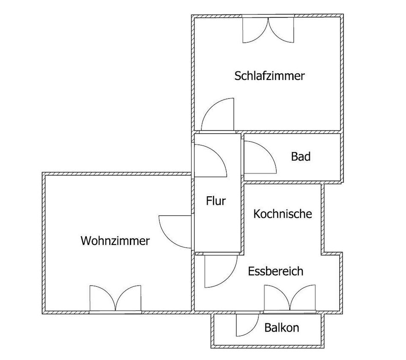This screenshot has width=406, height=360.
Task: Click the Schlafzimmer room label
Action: tap(269, 76)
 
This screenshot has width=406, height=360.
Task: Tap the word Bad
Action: tap(301, 157)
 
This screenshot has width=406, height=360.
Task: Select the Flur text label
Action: tap(216, 201)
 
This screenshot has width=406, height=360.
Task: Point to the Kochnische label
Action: tap(283, 214)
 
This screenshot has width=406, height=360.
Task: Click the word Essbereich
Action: tap(275, 271)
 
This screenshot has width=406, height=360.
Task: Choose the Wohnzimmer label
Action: tap(115, 241)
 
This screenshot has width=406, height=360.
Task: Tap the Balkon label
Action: tap(282, 328)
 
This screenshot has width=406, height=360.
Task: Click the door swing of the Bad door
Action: tap(260, 157)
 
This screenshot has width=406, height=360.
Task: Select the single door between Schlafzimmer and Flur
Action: tap(217, 114)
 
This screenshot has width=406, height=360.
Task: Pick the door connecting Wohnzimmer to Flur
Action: tap(175, 232)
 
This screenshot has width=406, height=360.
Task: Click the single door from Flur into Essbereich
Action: tap(221, 271)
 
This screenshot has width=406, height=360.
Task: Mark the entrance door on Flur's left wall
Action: tap(211, 161)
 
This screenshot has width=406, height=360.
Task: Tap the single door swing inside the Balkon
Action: tap(247, 325)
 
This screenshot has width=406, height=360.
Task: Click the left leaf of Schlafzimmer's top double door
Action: tap(255, 30)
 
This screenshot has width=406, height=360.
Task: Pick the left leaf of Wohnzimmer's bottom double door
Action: tap(102, 298)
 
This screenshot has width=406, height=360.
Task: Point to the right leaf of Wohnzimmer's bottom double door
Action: tap(129, 298)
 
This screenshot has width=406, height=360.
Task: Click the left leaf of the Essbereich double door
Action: tap(277, 297)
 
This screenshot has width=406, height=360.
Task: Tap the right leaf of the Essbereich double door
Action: tap(303, 297)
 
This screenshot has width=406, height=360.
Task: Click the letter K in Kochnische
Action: tap(256, 214)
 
